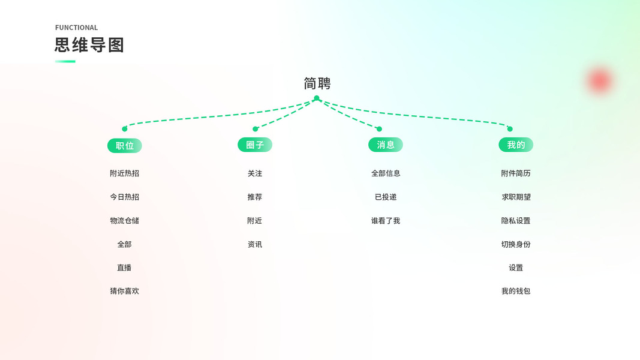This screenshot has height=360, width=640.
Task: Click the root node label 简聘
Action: click(x=317, y=83)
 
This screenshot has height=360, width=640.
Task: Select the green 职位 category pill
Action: click(x=125, y=145)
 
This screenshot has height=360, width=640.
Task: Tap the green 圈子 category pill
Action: click(x=255, y=145)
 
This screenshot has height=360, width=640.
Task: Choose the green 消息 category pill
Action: click(x=386, y=145)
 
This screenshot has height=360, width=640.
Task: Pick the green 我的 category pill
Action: click(x=516, y=145)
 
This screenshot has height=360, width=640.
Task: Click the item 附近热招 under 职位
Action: click(x=124, y=173)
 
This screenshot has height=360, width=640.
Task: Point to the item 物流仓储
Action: click(x=124, y=221)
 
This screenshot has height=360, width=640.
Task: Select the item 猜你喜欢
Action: click(x=124, y=291)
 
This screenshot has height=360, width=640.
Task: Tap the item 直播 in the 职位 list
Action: click(x=124, y=268)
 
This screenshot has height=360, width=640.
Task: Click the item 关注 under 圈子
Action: click(x=255, y=173)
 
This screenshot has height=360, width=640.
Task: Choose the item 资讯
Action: click(x=255, y=244)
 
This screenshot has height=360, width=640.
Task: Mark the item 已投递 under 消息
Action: click(x=386, y=197)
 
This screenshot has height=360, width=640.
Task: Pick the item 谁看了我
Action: click(x=386, y=221)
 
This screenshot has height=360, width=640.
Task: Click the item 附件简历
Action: click(x=516, y=173)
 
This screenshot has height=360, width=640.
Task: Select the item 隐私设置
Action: click(x=516, y=221)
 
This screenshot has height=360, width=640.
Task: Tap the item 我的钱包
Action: click(x=516, y=291)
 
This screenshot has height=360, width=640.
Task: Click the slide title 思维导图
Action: click(x=89, y=45)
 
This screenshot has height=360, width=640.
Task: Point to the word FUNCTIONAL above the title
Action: click(x=76, y=28)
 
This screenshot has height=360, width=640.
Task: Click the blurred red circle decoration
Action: click(x=599, y=80)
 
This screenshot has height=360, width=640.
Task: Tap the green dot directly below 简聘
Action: click(x=317, y=98)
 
